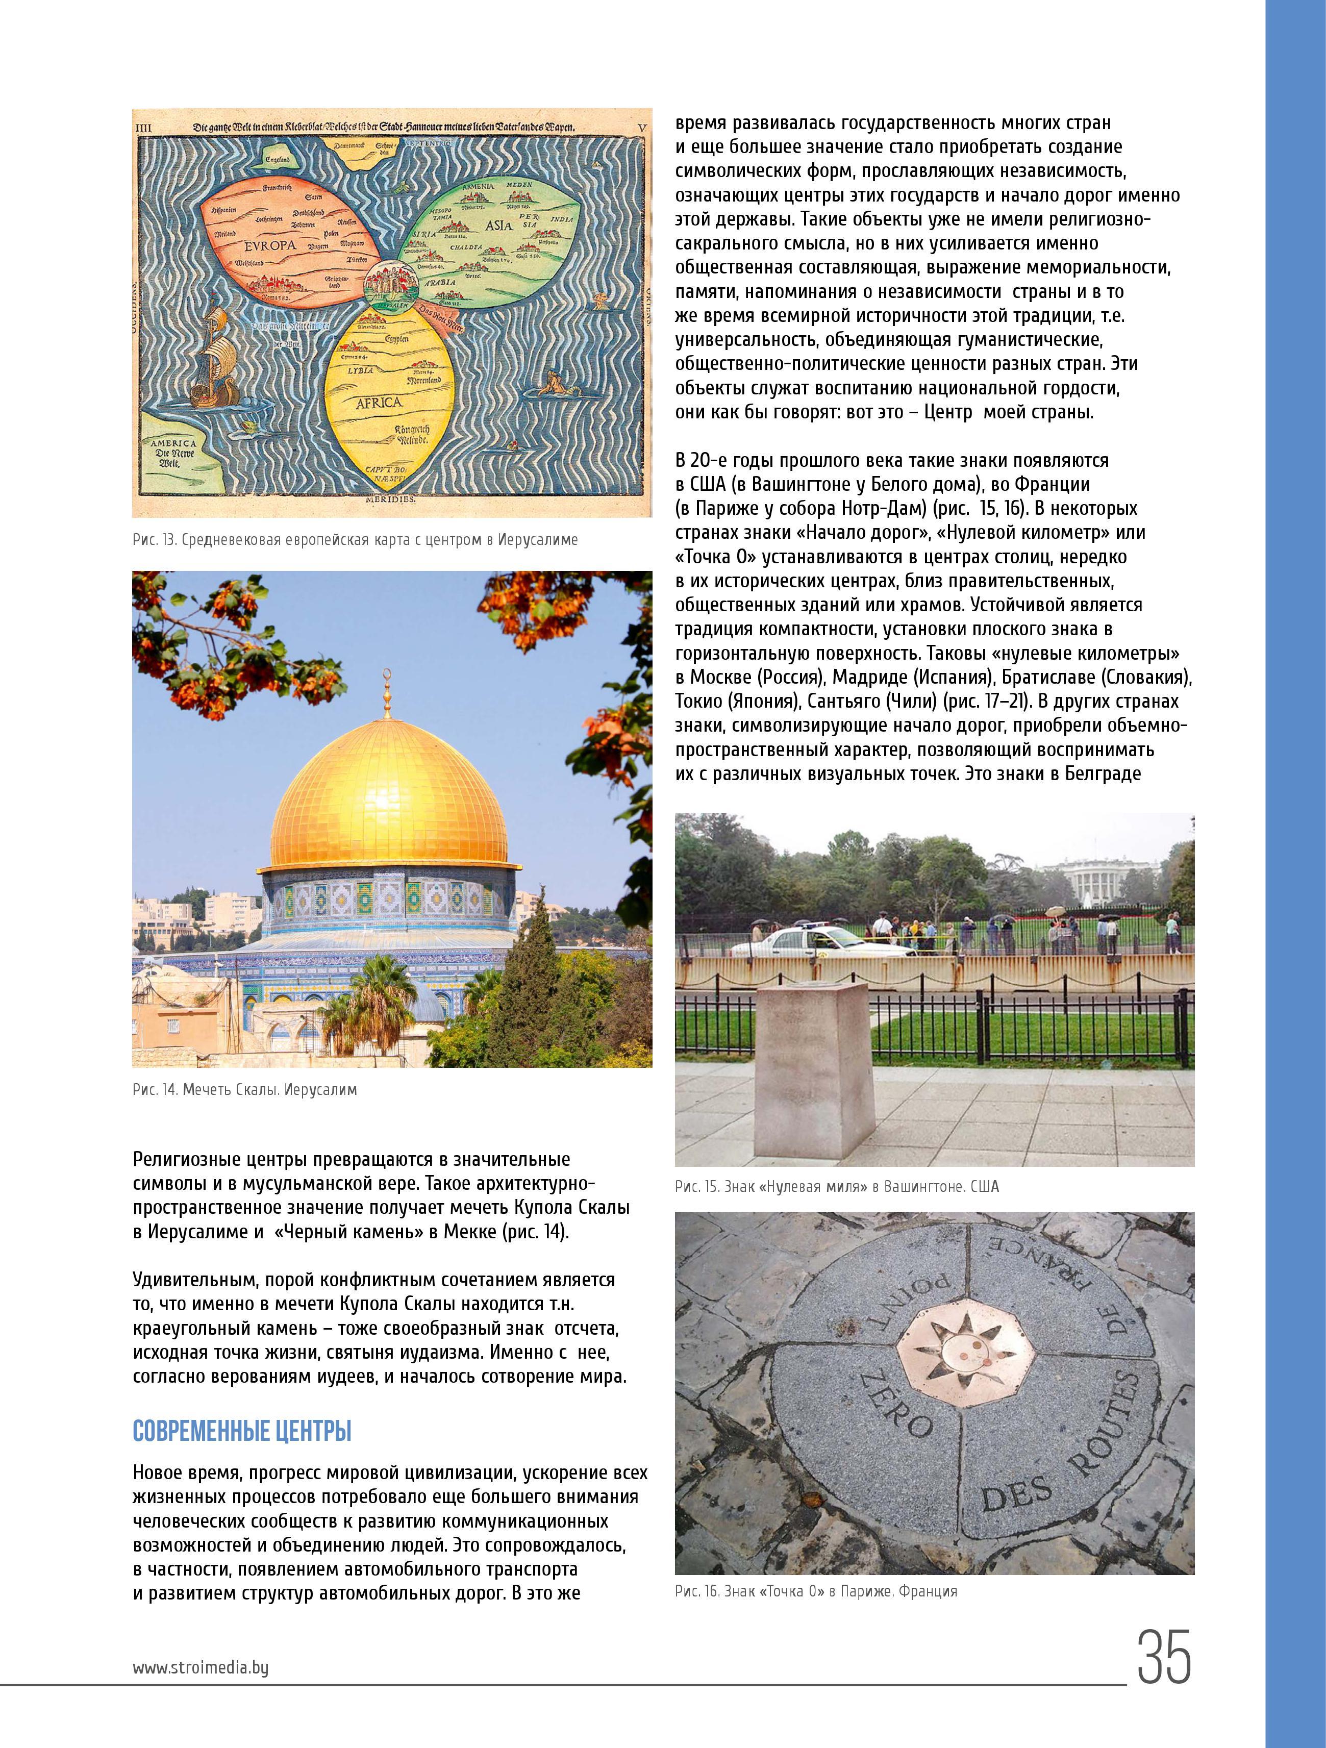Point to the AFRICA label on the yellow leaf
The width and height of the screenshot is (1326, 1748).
pos(379,402)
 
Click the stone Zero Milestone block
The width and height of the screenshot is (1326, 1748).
pos(814,1067)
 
